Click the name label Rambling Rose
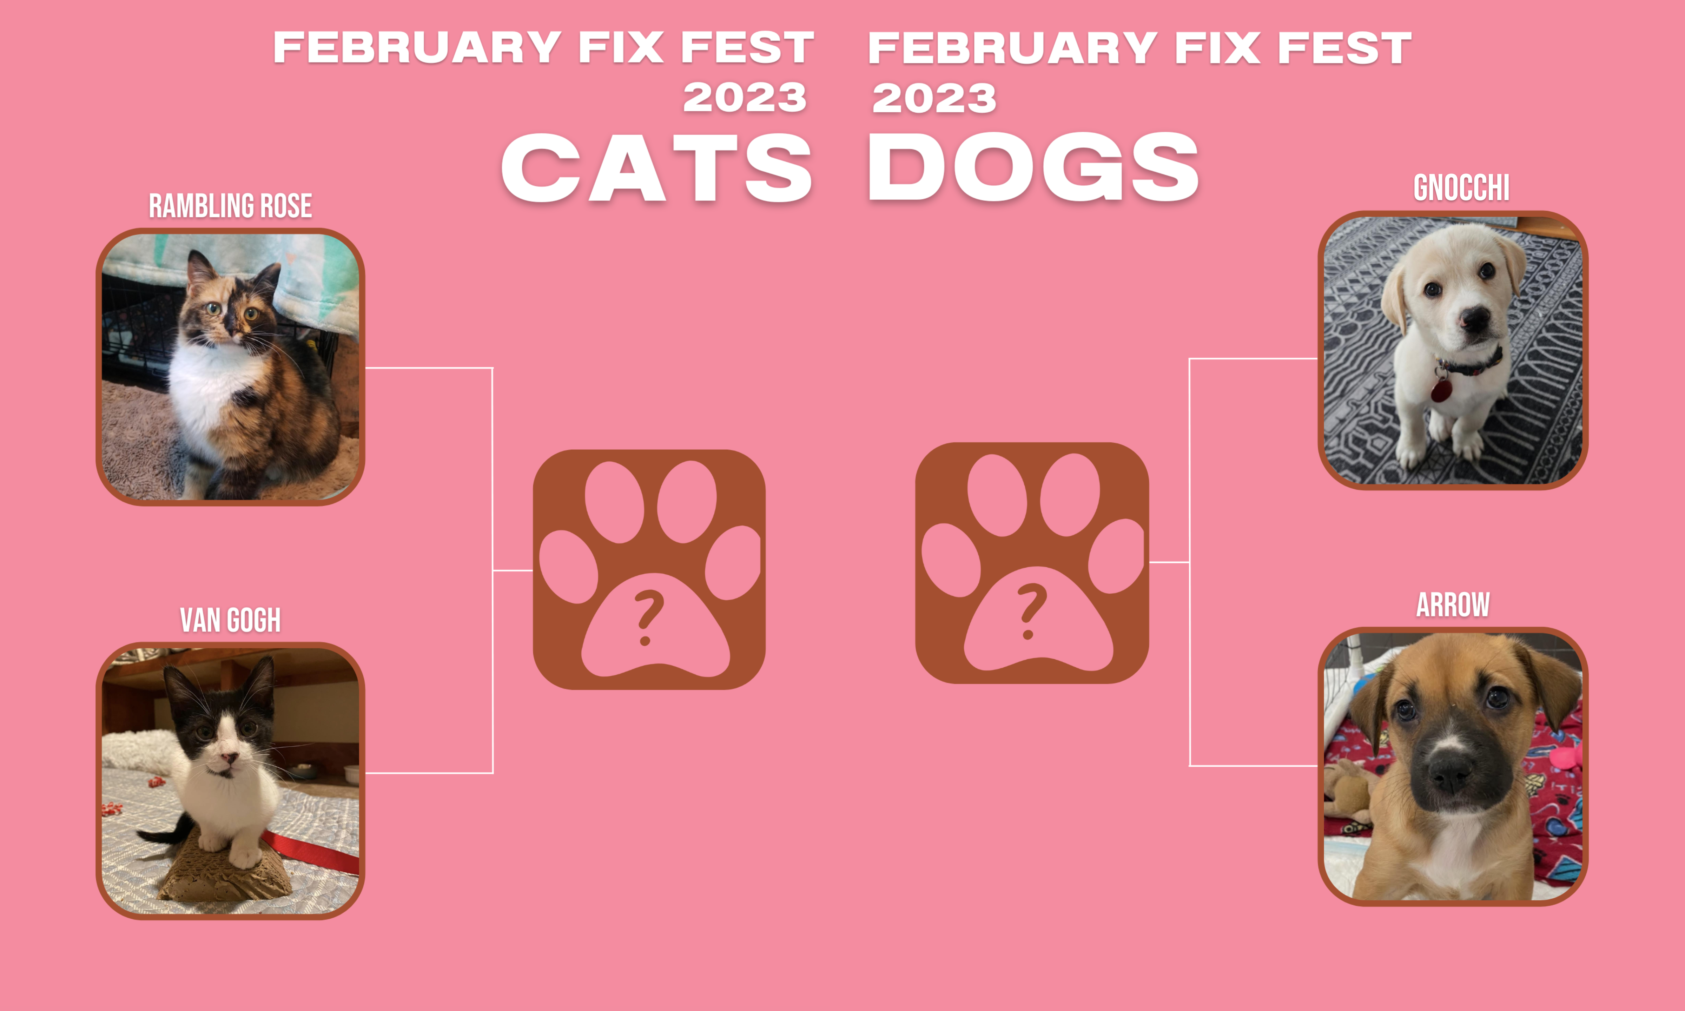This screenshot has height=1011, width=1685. tap(230, 206)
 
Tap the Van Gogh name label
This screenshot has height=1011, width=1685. tap(230, 620)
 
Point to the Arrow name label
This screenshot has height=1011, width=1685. tap(1453, 605)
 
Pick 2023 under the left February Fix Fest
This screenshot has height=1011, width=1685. tap(745, 98)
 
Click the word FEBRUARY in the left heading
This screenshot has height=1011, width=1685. tap(417, 48)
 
